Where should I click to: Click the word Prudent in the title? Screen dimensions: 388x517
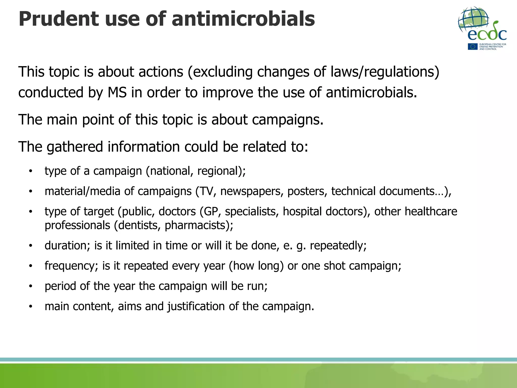pyautogui.click(x=59, y=19)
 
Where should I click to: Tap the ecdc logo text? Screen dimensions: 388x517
pyautogui.click(x=487, y=34)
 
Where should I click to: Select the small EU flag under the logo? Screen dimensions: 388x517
pyautogui.click(x=472, y=47)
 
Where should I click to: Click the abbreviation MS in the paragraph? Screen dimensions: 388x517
pyautogui.click(x=117, y=92)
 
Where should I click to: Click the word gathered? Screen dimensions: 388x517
pyautogui.click(x=75, y=147)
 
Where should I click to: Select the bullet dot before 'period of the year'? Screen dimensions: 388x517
pyautogui.click(x=31, y=286)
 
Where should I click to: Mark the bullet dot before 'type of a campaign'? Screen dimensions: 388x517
pyautogui.click(x=31, y=171)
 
